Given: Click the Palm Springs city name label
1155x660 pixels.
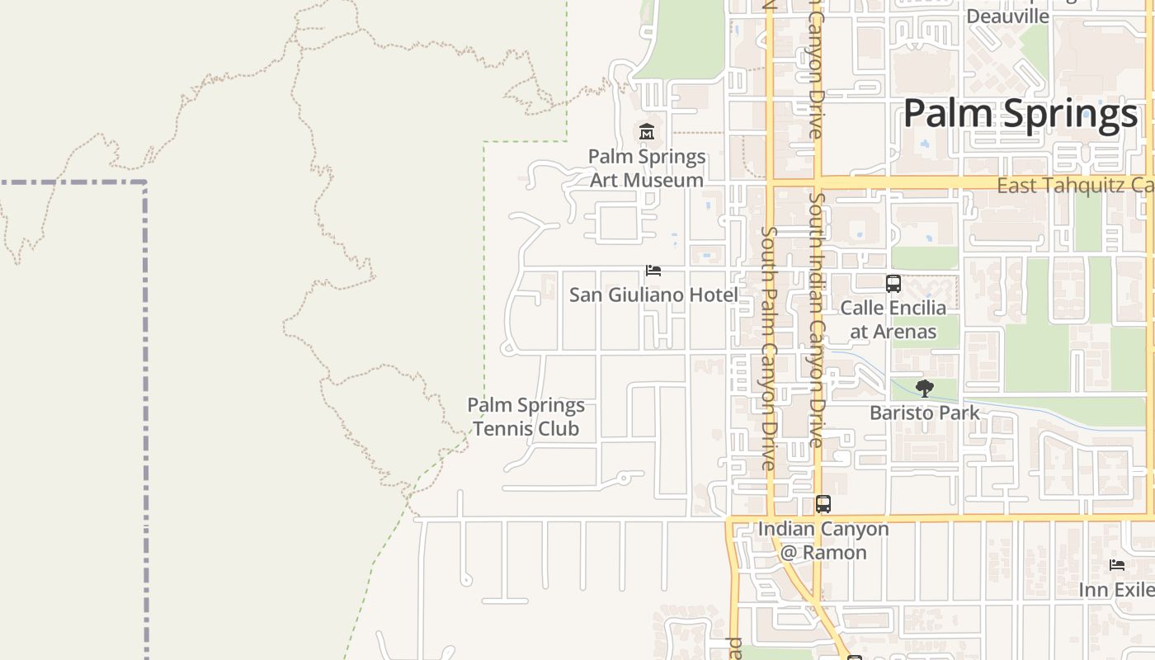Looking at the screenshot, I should pyautogui.click(x=1021, y=114).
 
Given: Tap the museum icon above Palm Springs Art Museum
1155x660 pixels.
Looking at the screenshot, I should pyautogui.click(x=647, y=131).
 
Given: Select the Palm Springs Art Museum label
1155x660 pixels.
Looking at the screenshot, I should pyautogui.click(x=647, y=168).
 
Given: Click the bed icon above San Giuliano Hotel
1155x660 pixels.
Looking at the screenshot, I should pyautogui.click(x=653, y=271).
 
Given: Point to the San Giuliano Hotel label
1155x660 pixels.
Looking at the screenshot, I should pyautogui.click(x=653, y=295).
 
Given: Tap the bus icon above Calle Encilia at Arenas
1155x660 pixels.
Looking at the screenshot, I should pyautogui.click(x=893, y=284).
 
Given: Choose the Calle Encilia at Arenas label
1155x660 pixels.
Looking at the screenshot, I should pyautogui.click(x=893, y=320).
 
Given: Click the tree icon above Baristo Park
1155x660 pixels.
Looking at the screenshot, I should pyautogui.click(x=925, y=388).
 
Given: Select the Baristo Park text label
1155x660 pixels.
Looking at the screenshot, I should pyautogui.click(x=925, y=412).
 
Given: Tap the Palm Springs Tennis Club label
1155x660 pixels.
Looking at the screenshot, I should pyautogui.click(x=526, y=417).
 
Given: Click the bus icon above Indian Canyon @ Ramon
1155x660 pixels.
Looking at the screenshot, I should pyautogui.click(x=823, y=504).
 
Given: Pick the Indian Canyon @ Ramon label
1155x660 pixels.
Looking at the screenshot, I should pyautogui.click(x=823, y=540).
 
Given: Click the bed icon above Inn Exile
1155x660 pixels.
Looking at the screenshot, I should pyautogui.click(x=1117, y=565).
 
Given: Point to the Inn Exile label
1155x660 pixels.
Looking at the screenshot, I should pyautogui.click(x=1116, y=590).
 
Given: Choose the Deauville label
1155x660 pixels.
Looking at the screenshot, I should pyautogui.click(x=1007, y=16).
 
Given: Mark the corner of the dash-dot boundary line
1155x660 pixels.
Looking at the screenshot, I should pyautogui.click(x=145, y=183).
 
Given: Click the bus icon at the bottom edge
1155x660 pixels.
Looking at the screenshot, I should pyautogui.click(x=855, y=658).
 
